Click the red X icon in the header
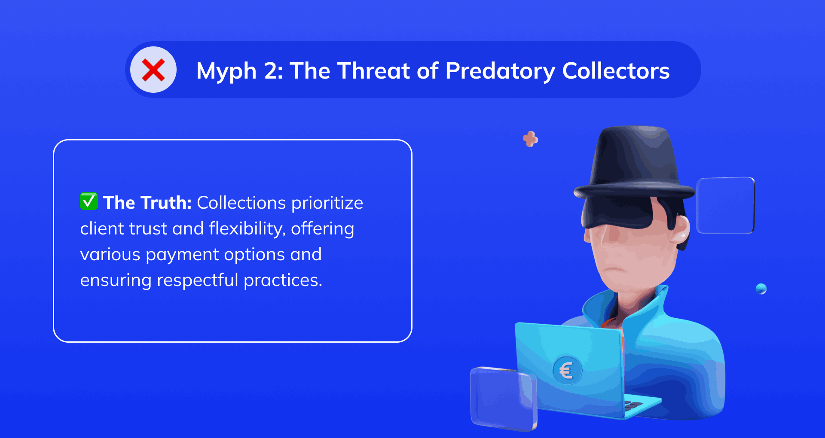pos(153,70)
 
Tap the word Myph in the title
pos(226,71)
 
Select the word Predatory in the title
pos(500,71)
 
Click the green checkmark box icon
pos(89,201)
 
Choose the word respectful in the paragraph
pos(198,280)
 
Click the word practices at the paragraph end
pos(283,280)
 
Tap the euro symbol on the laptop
pos(567,370)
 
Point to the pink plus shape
pos(531,139)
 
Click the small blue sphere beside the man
pos(761,289)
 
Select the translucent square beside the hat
pos(725,205)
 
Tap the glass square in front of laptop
pos(503,398)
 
